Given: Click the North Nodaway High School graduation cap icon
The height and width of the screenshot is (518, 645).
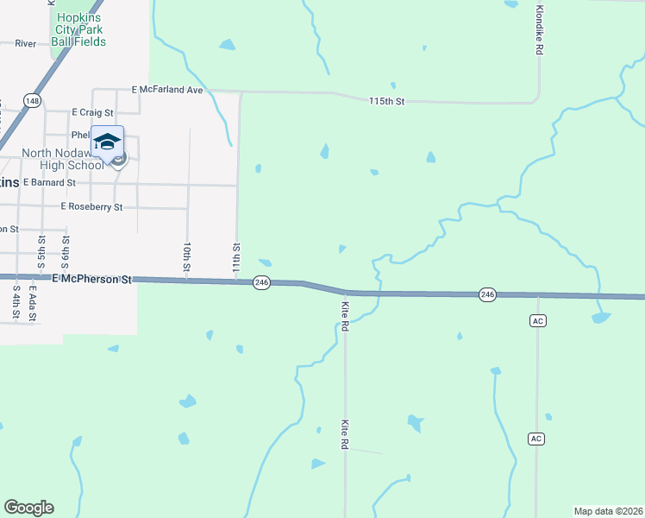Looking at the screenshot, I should pyautogui.click(x=108, y=142).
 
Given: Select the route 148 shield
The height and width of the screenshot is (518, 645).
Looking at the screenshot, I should pyautogui.click(x=32, y=101).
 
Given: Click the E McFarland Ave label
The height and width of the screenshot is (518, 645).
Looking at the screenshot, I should pyautogui.click(x=167, y=90).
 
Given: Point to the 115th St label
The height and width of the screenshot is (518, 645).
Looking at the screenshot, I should pyautogui.click(x=386, y=102).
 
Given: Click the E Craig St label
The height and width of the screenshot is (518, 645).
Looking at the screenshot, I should pyautogui.click(x=92, y=112).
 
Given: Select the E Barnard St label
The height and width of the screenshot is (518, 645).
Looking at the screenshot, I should pyautogui.click(x=49, y=183).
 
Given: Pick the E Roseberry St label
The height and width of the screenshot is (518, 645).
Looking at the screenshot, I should pyautogui.click(x=91, y=207).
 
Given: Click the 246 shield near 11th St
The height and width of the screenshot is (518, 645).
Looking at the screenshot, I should pyautogui.click(x=262, y=282).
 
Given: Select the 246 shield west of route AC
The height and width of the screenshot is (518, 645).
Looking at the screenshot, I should pyautogui.click(x=487, y=295).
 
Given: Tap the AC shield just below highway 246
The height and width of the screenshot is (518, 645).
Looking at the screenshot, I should pyautogui.click(x=536, y=320).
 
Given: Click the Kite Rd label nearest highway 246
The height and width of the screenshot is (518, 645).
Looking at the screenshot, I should pyautogui.click(x=344, y=315).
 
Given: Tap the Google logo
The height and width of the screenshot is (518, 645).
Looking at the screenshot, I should pyautogui.click(x=28, y=508).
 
